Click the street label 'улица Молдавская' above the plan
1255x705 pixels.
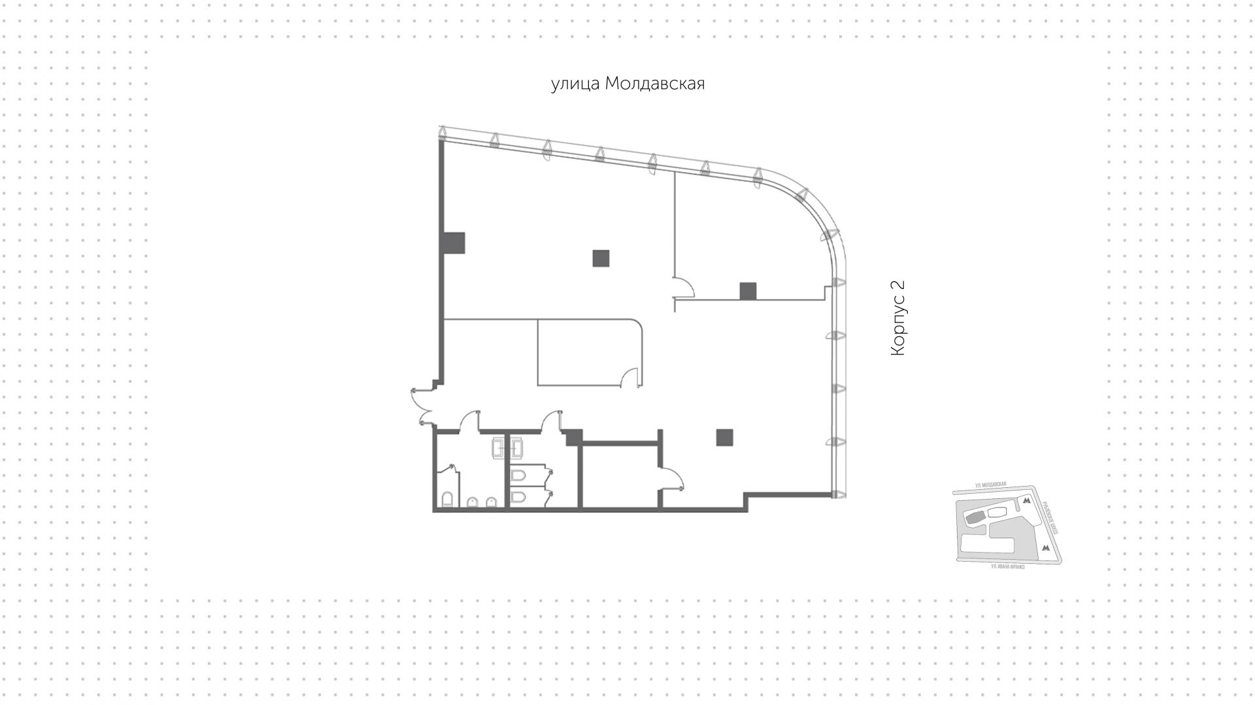coord(627,84)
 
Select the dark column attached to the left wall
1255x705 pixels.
coord(454,243)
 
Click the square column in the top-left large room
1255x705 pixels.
coord(601,258)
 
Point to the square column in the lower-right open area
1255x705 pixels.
coord(724,437)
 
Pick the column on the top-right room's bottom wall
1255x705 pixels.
coord(748,291)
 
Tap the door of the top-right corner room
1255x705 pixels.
coord(683,288)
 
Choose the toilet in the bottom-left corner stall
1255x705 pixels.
coord(448,500)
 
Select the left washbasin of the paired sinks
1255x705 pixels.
coord(497,447)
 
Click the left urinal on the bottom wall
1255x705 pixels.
coord(473,502)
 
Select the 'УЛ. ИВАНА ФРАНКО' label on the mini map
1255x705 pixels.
coord(1007,566)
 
